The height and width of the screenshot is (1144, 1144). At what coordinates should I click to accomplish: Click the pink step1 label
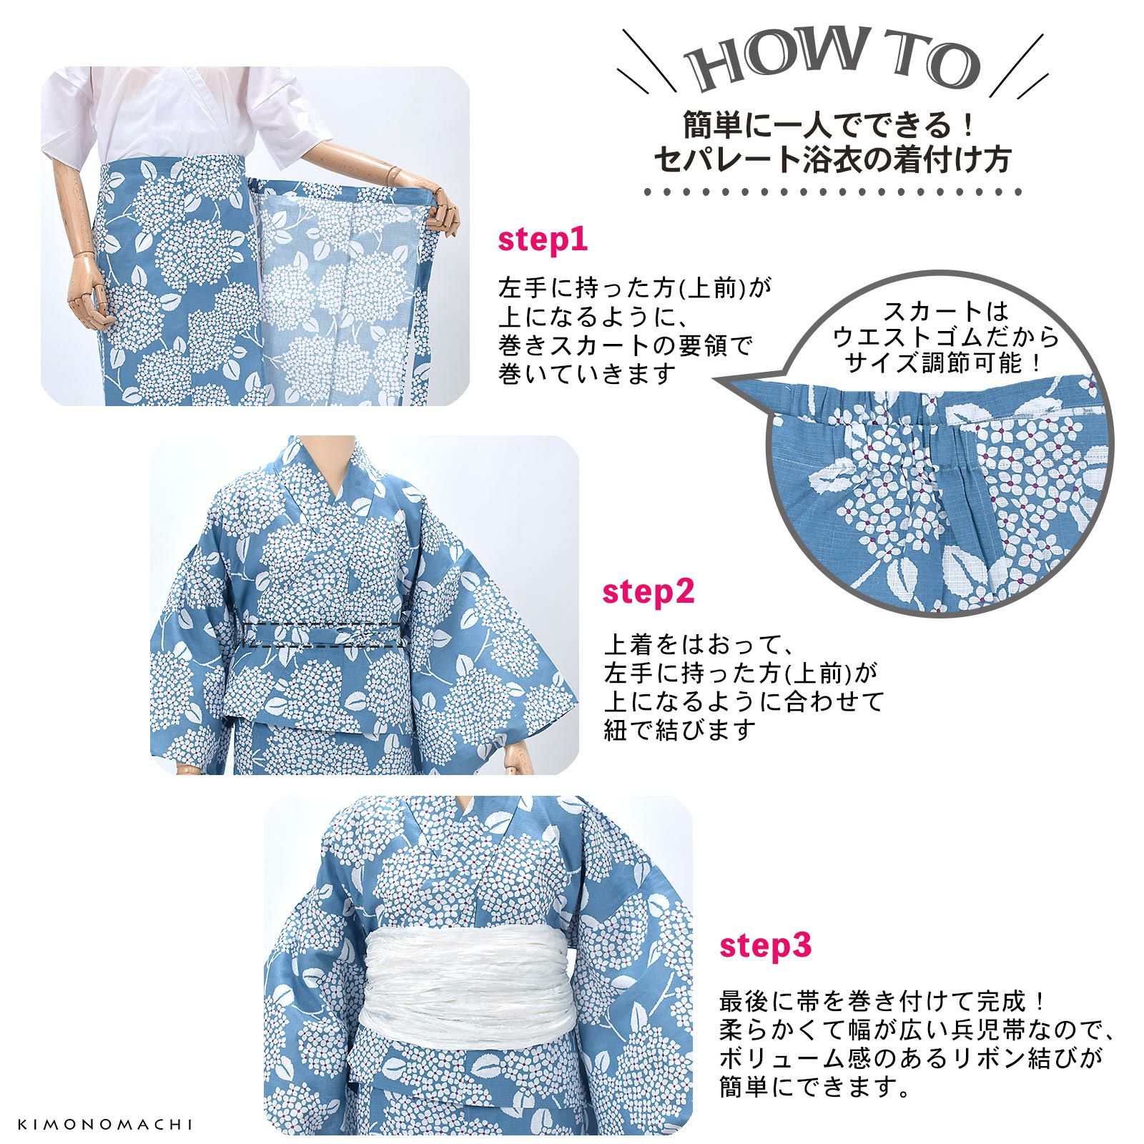[x=543, y=240]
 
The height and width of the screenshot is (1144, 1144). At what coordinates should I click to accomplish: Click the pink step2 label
[x=648, y=593]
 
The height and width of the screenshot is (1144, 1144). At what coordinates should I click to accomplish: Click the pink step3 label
[x=765, y=946]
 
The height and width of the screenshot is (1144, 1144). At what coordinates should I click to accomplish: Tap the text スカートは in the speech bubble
[x=945, y=312]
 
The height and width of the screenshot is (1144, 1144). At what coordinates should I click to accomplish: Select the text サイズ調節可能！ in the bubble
[x=945, y=363]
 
